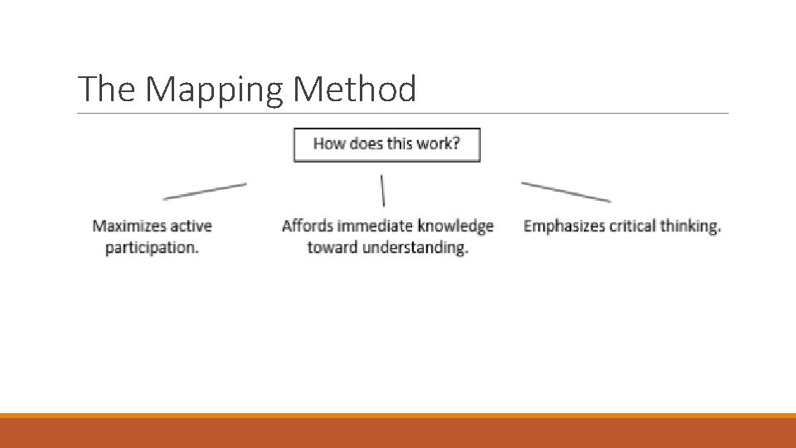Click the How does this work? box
[386, 144]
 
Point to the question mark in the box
[455, 144]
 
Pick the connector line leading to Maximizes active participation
[205, 191]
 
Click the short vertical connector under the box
[382, 190]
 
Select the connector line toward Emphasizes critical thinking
[565, 192]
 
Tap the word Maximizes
[129, 226]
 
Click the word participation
[152, 248]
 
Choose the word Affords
[307, 226]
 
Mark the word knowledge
[456, 226]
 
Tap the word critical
[633, 226]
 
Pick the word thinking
[691, 226]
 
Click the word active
[191, 226]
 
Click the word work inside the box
[436, 144]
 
